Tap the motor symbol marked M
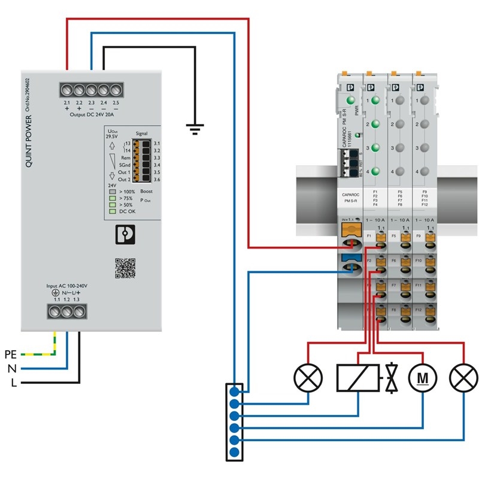point(422,378)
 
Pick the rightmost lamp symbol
point(465,378)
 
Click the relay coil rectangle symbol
point(358,378)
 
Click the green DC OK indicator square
point(112,211)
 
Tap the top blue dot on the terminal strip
point(234,392)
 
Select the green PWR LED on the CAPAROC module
point(350,101)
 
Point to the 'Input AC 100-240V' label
point(67,286)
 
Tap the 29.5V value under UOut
point(112,137)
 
